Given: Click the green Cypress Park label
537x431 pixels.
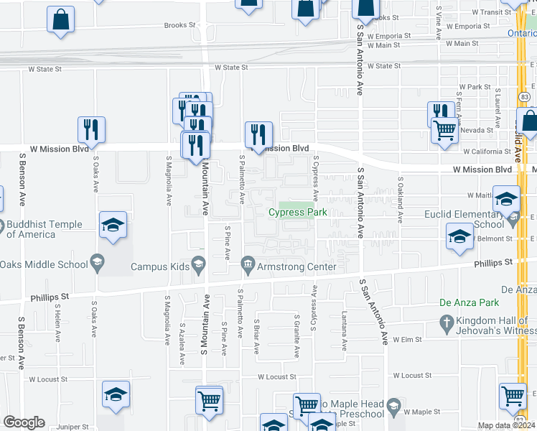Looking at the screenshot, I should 297,212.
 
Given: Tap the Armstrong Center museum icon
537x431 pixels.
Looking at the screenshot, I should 248,267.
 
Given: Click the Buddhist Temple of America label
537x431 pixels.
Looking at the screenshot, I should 30,228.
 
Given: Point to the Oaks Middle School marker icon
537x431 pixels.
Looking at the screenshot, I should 96,262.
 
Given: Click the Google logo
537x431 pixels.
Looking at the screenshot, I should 24,422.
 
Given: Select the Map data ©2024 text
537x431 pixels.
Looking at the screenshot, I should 505,426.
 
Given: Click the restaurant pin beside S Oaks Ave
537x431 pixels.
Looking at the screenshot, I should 91,129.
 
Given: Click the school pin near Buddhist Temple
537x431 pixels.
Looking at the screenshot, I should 114,225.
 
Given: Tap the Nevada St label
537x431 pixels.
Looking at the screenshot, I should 481,130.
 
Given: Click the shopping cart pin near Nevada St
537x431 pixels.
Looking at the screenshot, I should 445,130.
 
